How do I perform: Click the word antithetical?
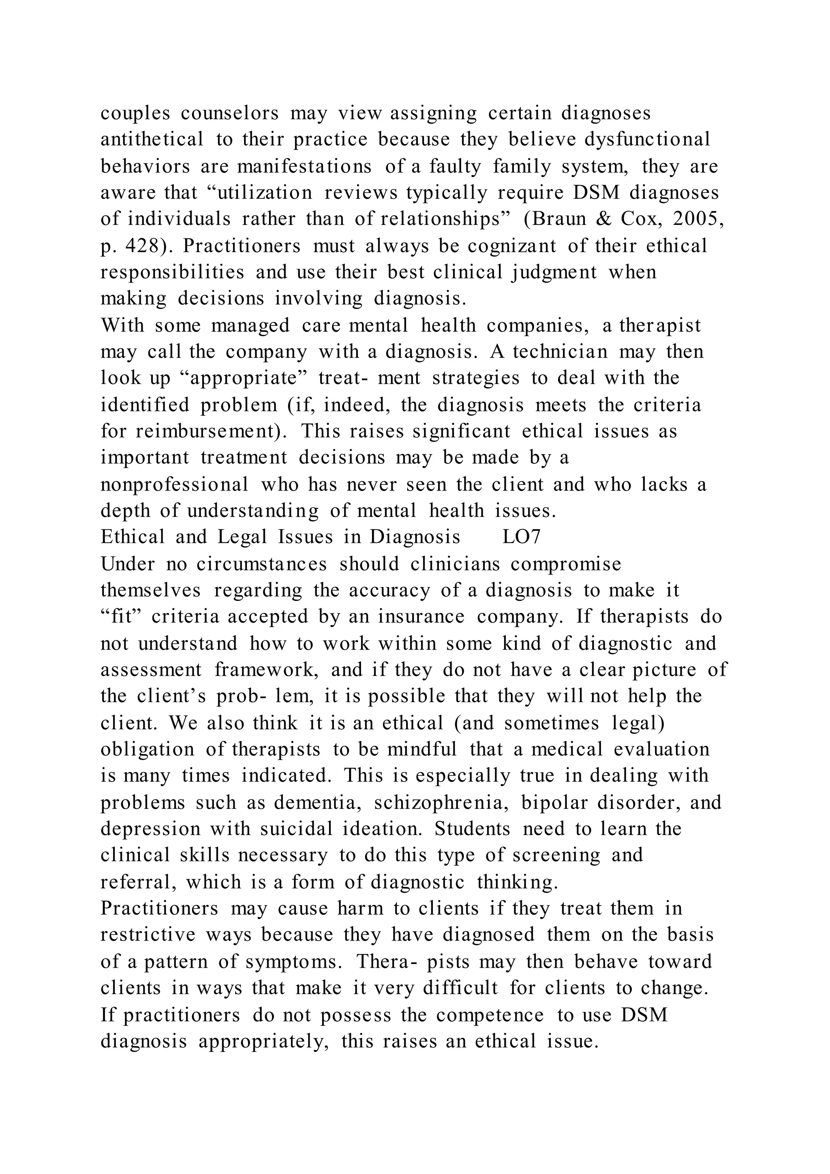152,139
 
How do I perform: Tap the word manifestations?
305,166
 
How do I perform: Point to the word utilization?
265,193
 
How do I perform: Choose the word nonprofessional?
174,484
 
